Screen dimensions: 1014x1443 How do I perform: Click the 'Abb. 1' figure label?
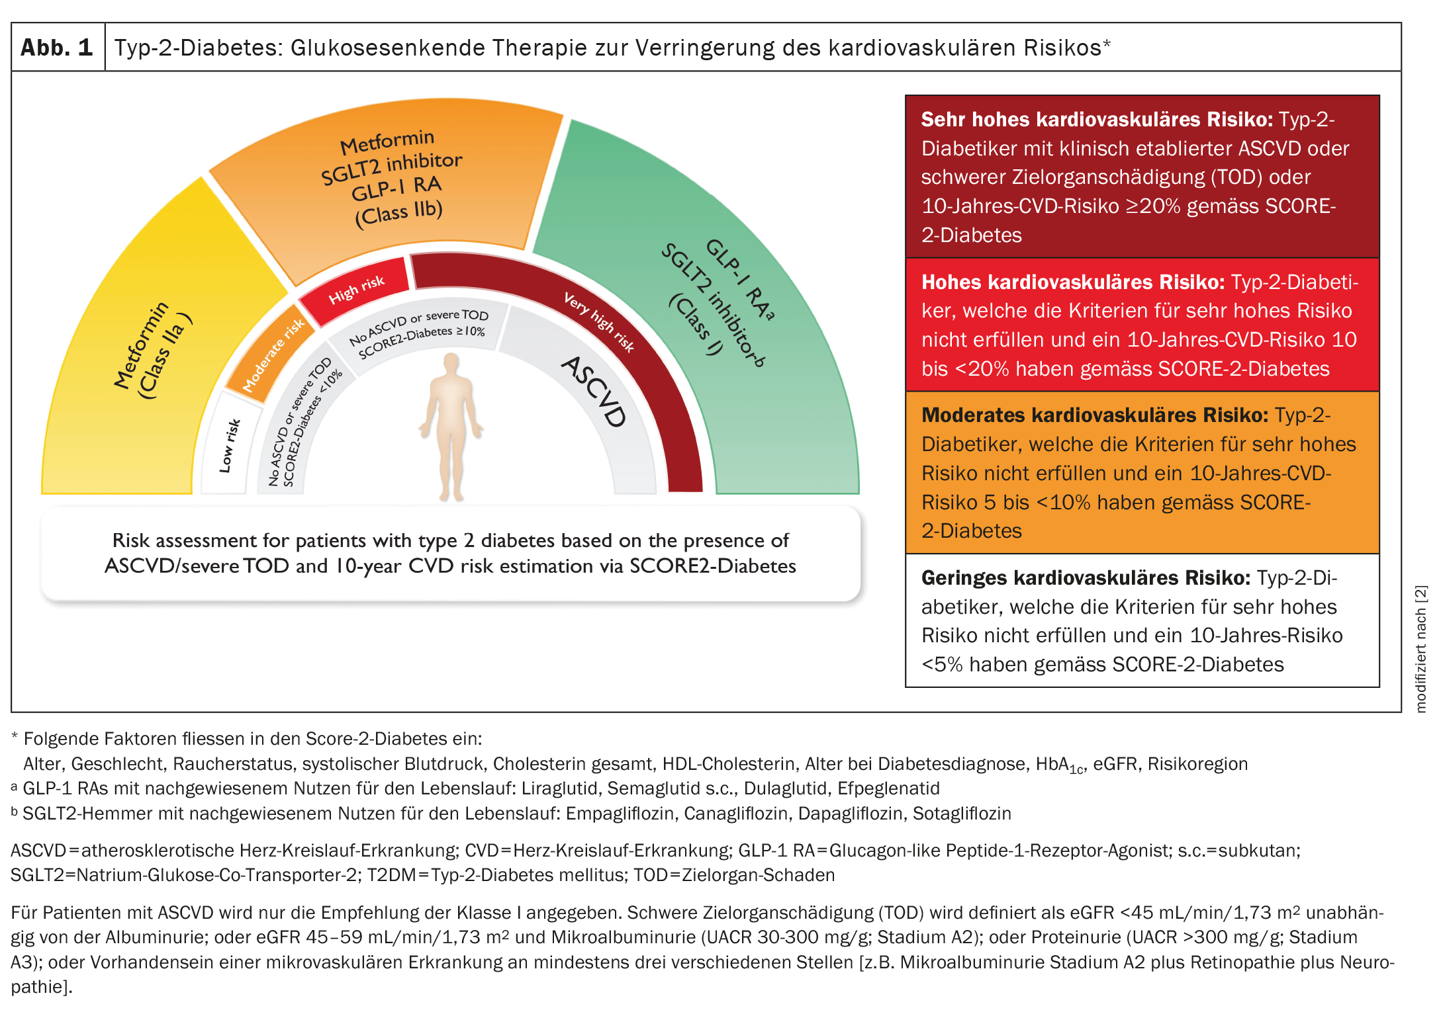click(57, 48)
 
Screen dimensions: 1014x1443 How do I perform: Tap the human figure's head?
click(451, 362)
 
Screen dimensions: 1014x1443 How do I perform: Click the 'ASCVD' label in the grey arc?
click(594, 391)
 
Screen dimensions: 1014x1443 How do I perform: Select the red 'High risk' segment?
click(356, 290)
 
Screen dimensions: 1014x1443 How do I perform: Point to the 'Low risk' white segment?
click(229, 445)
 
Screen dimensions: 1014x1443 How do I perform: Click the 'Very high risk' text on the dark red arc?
click(598, 321)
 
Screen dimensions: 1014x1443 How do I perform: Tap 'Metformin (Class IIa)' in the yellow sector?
click(151, 350)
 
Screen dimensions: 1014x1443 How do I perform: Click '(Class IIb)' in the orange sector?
click(398, 214)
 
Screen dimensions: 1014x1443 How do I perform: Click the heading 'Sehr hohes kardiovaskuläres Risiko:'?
click(1097, 120)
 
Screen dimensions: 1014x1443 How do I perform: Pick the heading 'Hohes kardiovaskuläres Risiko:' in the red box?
click(1073, 282)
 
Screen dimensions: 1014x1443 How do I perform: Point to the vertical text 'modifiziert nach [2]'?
click(1420, 648)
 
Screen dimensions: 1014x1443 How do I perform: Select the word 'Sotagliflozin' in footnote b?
click(962, 814)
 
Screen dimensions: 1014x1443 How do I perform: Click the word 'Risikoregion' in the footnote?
click(1197, 764)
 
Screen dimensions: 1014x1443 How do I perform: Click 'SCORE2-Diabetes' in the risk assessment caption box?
click(712, 566)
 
